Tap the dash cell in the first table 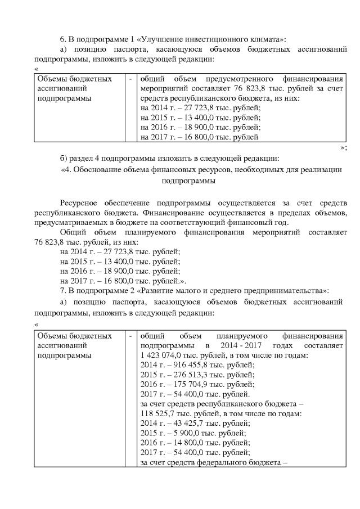[130, 79]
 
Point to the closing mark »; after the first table [343, 147]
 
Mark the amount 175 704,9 [182, 386]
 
